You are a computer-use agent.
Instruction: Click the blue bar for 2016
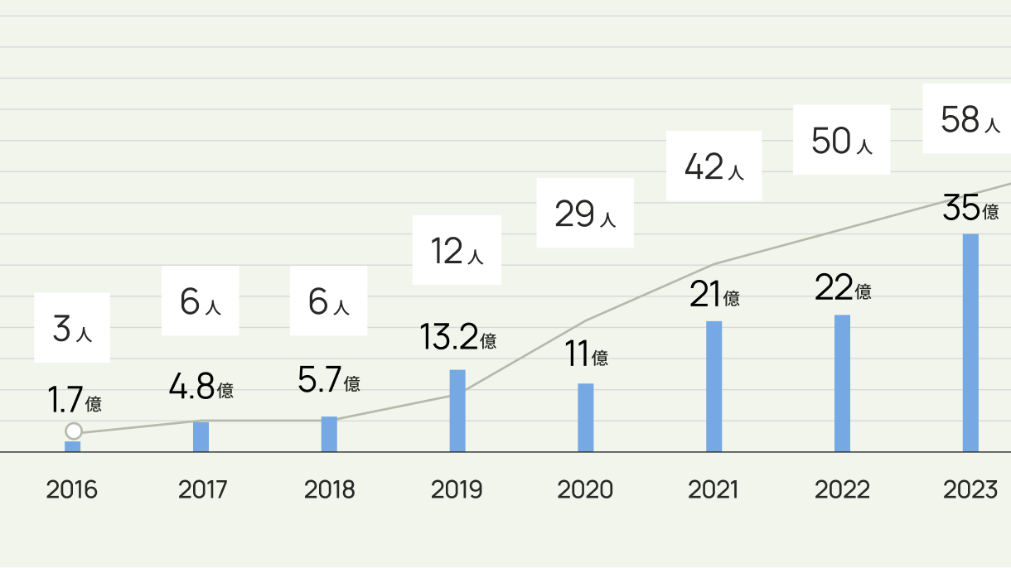(x=73, y=446)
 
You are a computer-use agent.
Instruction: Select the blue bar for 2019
(x=457, y=411)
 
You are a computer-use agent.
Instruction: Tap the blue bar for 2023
(x=970, y=343)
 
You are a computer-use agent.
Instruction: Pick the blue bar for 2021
(x=714, y=386)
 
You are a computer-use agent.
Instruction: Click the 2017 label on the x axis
(x=202, y=490)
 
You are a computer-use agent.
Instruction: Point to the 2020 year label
(x=585, y=490)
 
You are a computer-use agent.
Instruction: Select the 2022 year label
(x=842, y=490)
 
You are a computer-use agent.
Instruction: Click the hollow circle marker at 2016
(x=74, y=431)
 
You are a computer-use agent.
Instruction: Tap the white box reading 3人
(x=72, y=328)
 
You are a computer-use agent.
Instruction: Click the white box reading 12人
(x=457, y=250)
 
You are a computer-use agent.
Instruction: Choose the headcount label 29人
(x=585, y=214)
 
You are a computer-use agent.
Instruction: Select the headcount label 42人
(x=714, y=166)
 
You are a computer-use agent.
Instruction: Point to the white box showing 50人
(x=841, y=140)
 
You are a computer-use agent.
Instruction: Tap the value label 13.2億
(x=457, y=337)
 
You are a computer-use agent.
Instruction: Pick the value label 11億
(x=587, y=355)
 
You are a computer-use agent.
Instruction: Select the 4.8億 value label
(x=201, y=387)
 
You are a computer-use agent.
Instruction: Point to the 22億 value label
(x=843, y=289)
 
